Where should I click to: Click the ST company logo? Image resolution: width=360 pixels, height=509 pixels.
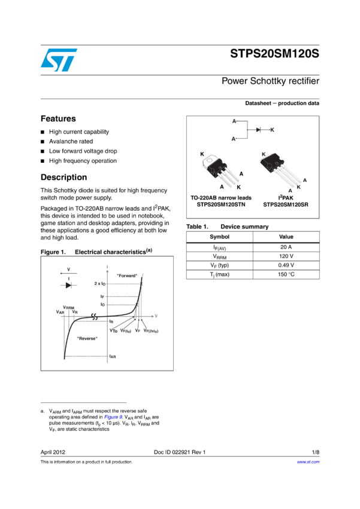(x=59, y=60)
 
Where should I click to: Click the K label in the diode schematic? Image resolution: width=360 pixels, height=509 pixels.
(x=272, y=130)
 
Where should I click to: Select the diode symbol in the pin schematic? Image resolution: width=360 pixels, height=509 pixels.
(x=258, y=130)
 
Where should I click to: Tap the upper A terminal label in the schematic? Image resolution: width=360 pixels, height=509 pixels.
(x=234, y=122)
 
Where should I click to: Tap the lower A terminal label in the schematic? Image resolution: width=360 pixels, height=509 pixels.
(x=234, y=138)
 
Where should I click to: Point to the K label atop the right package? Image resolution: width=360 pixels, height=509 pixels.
(x=264, y=155)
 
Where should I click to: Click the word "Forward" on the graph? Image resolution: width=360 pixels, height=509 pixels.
(x=127, y=275)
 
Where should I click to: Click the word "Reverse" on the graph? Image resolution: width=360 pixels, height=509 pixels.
(x=87, y=338)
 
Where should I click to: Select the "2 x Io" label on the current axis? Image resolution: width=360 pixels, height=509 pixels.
(x=100, y=283)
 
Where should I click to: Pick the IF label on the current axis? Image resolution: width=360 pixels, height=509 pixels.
(x=102, y=296)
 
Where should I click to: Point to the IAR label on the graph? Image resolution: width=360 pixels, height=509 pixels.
(x=113, y=356)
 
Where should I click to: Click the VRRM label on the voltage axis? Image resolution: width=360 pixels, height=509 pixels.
(x=69, y=307)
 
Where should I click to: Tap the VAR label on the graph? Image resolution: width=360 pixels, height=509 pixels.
(x=60, y=313)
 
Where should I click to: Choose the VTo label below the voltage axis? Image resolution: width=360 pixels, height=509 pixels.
(x=114, y=331)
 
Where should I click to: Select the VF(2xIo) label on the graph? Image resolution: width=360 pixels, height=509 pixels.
(x=151, y=331)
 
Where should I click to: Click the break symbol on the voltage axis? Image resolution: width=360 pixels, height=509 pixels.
(x=94, y=316)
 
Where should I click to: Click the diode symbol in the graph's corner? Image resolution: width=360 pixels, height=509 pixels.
(x=68, y=285)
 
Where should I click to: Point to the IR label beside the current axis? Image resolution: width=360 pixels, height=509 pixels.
(x=111, y=322)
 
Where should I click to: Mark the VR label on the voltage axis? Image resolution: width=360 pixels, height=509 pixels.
(x=75, y=313)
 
